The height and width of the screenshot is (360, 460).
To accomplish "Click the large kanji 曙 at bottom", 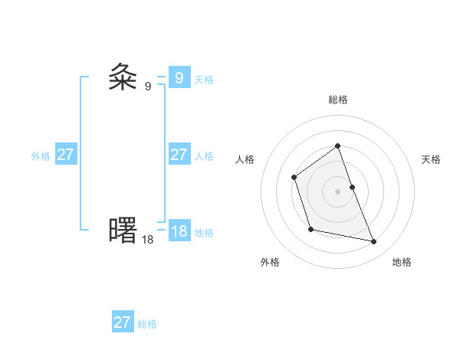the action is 123,230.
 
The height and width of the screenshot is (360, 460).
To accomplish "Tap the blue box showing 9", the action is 179,77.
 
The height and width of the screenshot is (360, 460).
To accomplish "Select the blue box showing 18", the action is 179,231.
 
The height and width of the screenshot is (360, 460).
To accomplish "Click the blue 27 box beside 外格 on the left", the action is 65,155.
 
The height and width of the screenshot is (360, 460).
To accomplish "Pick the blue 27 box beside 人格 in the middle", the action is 179,155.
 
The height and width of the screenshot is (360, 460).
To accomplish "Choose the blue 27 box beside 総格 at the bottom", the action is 122,322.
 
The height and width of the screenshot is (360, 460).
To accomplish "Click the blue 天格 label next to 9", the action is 204,80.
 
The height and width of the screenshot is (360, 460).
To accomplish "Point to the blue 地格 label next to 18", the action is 204,233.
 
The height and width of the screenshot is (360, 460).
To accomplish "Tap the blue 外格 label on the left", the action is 41,156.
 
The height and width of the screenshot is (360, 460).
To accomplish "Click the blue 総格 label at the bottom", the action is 147,324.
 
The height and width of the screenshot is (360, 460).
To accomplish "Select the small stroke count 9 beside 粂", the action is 148,86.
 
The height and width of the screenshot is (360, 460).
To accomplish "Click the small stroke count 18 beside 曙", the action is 147,239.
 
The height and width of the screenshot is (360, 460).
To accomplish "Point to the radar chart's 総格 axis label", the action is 338,100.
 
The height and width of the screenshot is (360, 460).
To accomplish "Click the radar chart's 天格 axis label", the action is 432,159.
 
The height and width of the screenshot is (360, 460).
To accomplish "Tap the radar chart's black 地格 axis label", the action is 402,262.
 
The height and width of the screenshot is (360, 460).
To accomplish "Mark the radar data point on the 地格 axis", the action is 374,242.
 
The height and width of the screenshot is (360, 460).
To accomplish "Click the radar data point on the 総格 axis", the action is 338,146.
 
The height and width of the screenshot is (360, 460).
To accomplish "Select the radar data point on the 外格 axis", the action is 310,229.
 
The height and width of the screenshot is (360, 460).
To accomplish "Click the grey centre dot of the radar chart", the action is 338,191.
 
